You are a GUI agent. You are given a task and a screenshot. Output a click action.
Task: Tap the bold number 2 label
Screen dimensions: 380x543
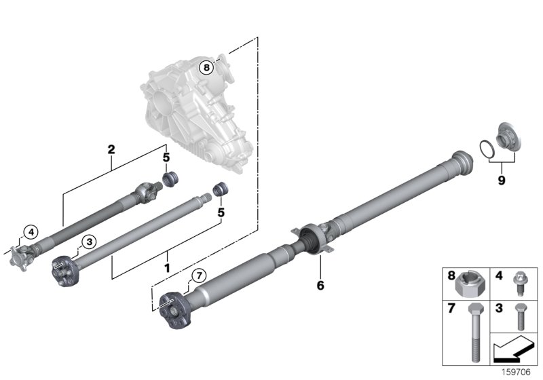pos(111,149)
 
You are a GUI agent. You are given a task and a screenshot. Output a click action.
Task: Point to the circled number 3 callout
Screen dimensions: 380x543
pos(87,241)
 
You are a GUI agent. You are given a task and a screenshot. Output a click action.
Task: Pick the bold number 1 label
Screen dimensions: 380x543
pos(166,269)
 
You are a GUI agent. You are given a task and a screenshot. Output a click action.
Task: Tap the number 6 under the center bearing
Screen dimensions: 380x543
pos(320,286)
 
